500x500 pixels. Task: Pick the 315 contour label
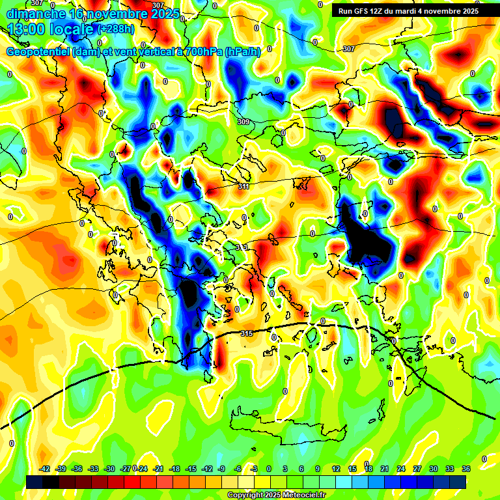click(246, 333)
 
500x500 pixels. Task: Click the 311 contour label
click(243, 187)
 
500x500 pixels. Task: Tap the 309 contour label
click(243, 122)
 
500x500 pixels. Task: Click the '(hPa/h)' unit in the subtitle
click(243, 52)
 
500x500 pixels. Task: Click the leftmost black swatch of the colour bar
click(35, 480)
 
